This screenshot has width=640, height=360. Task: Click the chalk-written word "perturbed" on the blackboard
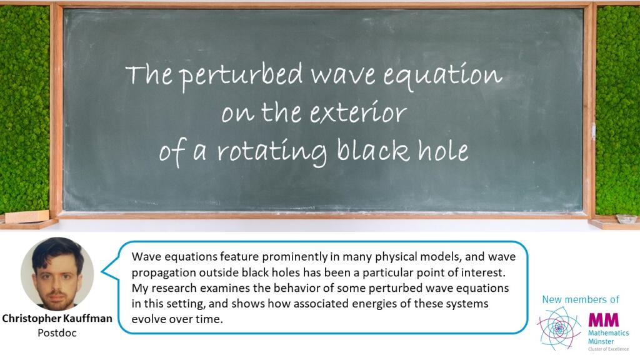point(241,76)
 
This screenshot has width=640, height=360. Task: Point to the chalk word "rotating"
point(271,152)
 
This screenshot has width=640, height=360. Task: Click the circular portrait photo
point(57,274)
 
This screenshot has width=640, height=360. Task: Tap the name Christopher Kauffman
point(57,318)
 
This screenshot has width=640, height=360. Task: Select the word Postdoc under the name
point(57,332)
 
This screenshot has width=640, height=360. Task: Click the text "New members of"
point(581,299)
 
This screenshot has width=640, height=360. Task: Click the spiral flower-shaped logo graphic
point(559,327)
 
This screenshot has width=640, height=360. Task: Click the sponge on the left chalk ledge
point(27,216)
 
